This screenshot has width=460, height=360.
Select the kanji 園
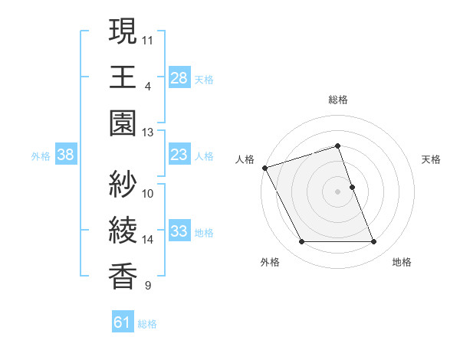pos(123,123)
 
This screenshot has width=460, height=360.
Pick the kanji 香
pos(123,277)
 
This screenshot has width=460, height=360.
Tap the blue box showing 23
pos(179,155)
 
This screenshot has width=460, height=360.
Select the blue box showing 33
pos(179,231)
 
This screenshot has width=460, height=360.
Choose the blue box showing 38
pos(65,155)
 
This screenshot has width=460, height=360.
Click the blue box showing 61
pos(123,323)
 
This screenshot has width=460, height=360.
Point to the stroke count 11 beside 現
pos(148,38)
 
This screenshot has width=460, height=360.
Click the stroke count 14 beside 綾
pos(148,240)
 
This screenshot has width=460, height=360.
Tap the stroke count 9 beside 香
pos(148,286)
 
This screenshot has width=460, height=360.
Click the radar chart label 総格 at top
pos(338,100)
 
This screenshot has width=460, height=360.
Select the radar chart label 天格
pos(431,159)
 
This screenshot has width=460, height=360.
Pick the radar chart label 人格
pos(244,159)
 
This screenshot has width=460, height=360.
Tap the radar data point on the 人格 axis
pos(264,168)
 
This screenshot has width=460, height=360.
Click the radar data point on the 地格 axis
pos(374,242)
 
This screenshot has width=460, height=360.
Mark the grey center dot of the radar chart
pos(338,191)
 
